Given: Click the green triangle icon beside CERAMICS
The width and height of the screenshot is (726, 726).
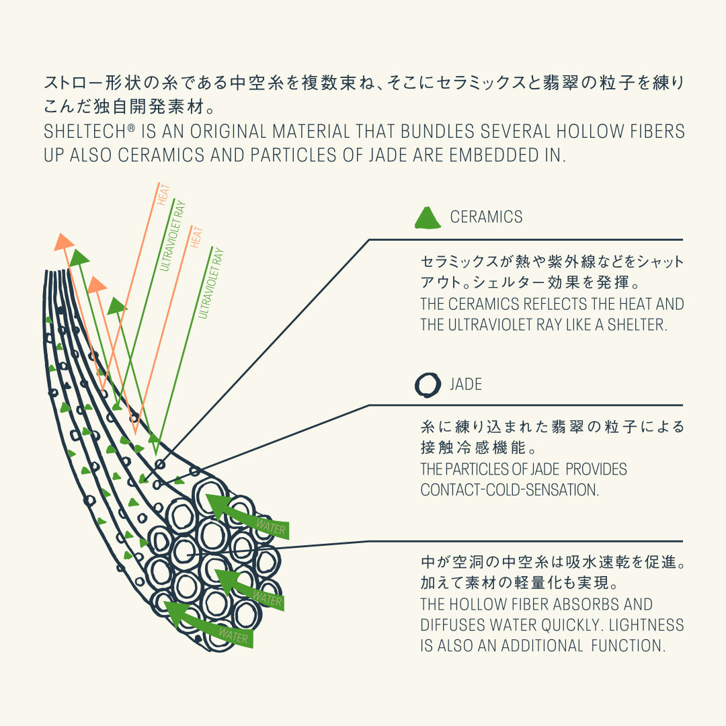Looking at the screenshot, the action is coord(428,218).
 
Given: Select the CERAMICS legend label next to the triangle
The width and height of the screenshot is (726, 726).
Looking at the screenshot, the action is coord(486,216).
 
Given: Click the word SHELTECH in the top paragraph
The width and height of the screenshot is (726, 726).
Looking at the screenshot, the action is coord(85,132).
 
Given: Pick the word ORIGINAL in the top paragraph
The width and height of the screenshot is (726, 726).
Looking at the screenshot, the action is coord(228,132).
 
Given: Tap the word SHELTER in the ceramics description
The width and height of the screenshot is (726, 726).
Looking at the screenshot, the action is coord(637,325).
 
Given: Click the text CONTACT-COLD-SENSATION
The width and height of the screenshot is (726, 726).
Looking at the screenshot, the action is coord(510,490).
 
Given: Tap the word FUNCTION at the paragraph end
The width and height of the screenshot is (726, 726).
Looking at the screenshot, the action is coord(628,645).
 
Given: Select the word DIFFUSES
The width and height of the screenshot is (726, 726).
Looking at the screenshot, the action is coord(453,625).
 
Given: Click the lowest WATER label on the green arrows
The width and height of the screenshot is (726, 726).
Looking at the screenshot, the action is coord(233,636).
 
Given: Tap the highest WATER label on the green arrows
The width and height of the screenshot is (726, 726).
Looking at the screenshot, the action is coord(271,527).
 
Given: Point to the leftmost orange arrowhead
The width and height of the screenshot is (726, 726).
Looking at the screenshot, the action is coord(63,242).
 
